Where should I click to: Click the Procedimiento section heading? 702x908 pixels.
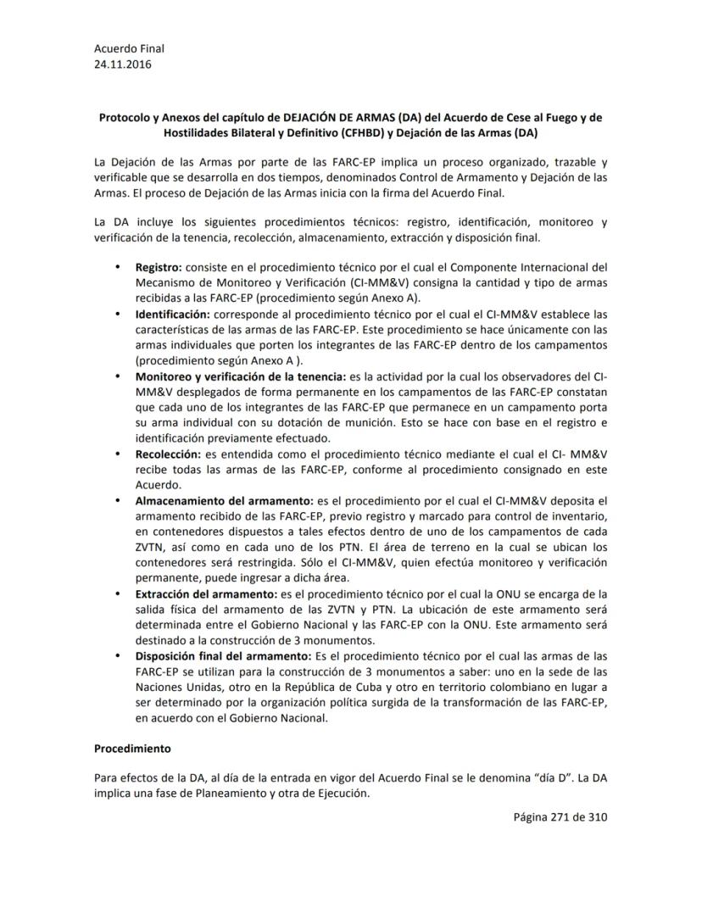click(133, 749)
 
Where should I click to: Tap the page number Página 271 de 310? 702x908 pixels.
click(560, 817)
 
